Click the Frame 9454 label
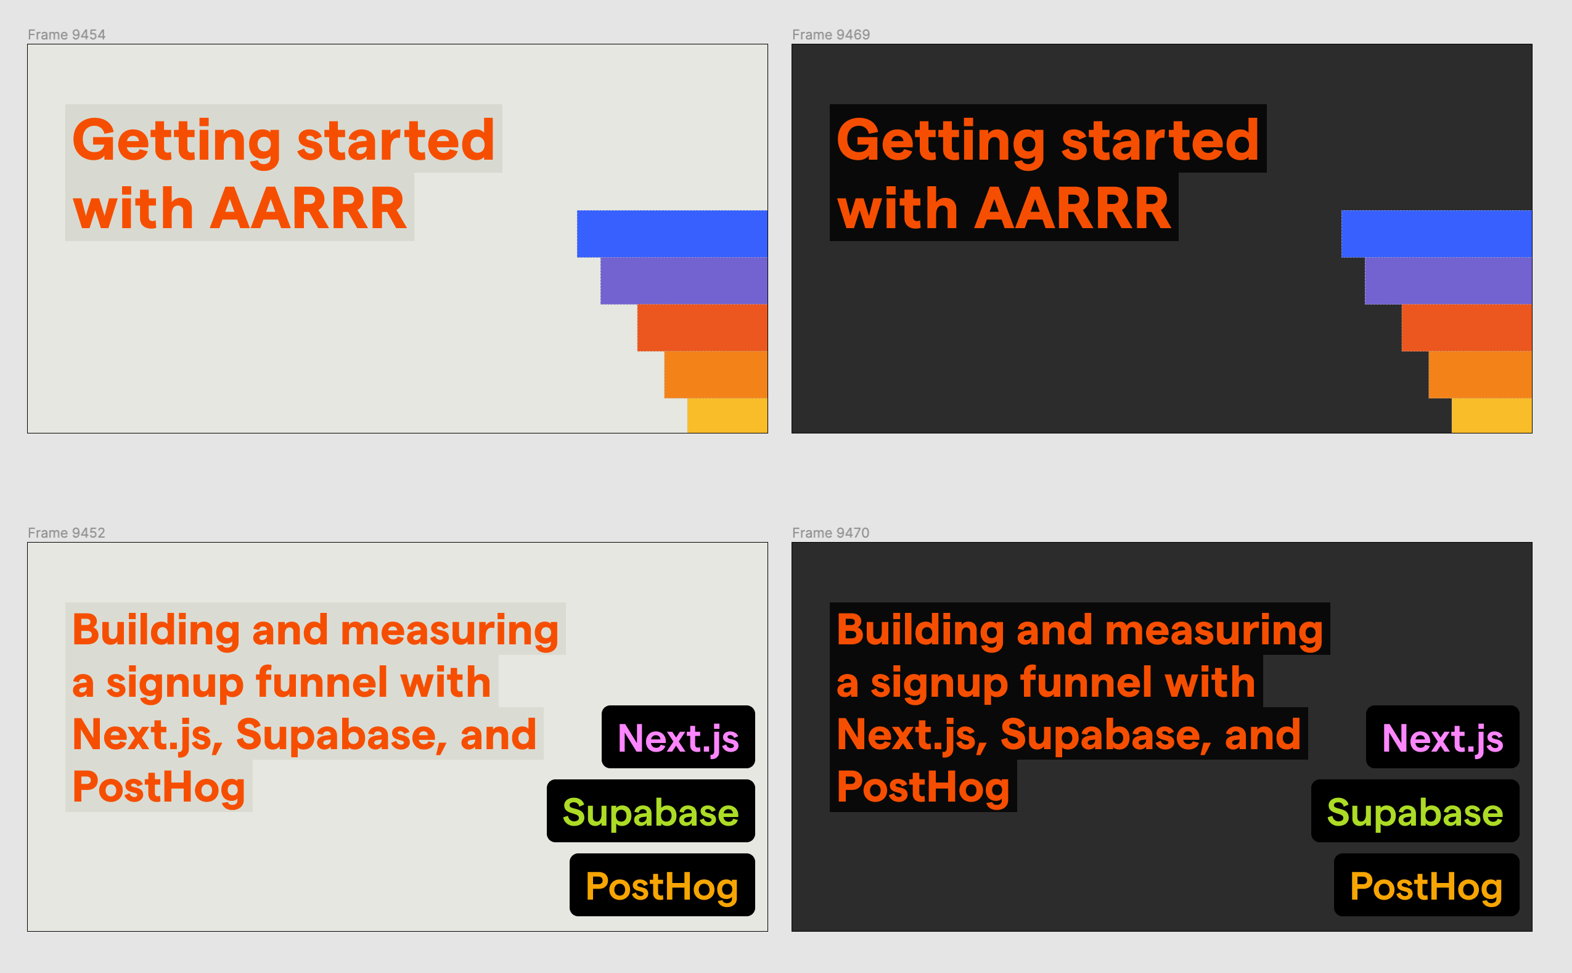click(x=66, y=35)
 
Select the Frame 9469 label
click(x=830, y=35)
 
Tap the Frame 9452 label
click(x=66, y=533)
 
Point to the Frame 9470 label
click(x=830, y=533)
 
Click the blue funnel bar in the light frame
click(x=672, y=234)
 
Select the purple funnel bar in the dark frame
click(x=1448, y=281)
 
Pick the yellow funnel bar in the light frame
click(x=727, y=415)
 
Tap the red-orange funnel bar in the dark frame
click(x=1467, y=327)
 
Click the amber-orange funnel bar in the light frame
click(x=716, y=374)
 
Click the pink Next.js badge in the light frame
click(x=678, y=737)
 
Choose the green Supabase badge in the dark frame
click(x=1415, y=811)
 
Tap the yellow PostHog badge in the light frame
click(x=662, y=885)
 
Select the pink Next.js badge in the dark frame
click(x=1443, y=737)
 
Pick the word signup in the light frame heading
click(x=174, y=683)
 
